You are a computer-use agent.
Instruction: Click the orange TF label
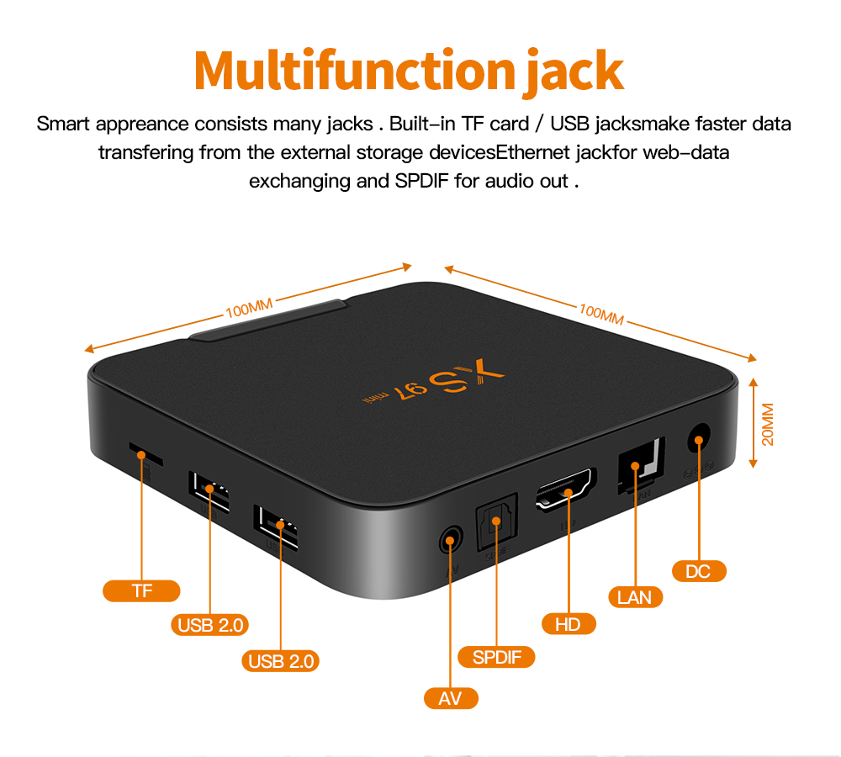click(141, 590)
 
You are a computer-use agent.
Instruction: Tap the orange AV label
click(451, 697)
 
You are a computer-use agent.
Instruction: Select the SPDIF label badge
click(496, 657)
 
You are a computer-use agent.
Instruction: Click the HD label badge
click(569, 624)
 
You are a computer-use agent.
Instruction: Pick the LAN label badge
click(635, 597)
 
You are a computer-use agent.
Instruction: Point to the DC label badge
click(698, 572)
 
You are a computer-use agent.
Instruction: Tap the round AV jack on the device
click(452, 538)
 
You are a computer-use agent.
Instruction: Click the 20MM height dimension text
click(767, 425)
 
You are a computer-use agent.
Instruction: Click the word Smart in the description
click(63, 124)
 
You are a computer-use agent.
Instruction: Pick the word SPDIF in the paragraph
click(417, 180)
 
